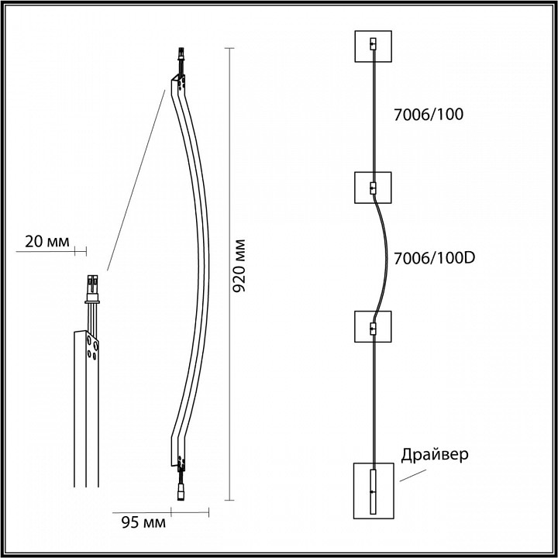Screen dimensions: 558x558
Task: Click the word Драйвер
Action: click(x=435, y=455)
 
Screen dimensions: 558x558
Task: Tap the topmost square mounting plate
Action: click(x=374, y=48)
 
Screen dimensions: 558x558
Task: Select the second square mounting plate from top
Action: click(x=374, y=188)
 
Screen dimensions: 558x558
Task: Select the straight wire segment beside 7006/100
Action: click(x=374, y=116)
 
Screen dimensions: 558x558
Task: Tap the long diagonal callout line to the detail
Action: click(x=136, y=178)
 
